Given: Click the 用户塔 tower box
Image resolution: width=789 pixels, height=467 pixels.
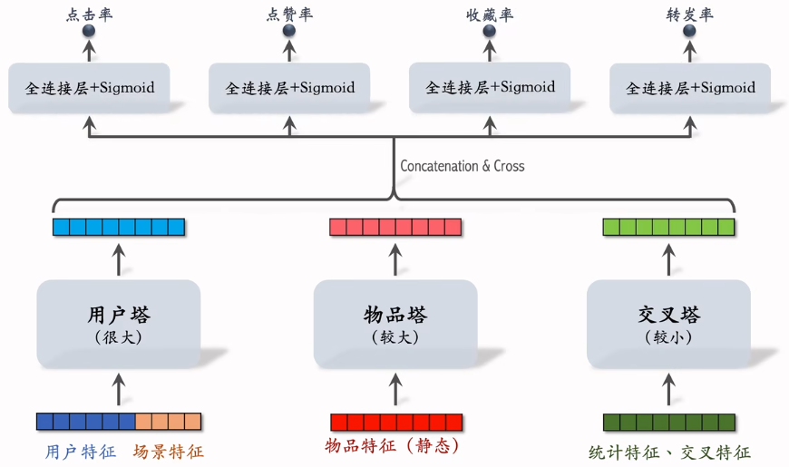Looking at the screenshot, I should (119, 324).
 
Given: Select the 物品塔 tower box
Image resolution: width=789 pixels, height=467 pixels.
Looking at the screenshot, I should (394, 324).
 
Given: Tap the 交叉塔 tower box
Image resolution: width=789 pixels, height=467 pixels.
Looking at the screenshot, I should (668, 324).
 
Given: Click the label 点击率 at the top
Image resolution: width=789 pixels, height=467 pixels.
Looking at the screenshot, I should (90, 15).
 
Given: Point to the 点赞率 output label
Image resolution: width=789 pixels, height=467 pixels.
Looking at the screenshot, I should (289, 15).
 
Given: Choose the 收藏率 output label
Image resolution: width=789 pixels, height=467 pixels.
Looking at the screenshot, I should (490, 15).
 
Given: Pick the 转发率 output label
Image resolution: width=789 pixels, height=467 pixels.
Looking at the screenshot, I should (690, 15).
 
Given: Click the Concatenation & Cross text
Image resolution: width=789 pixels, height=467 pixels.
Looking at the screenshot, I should (463, 166).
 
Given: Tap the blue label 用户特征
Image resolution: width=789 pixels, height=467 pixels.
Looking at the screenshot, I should (81, 451).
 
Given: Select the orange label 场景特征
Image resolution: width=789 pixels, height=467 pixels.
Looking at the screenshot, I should (169, 451).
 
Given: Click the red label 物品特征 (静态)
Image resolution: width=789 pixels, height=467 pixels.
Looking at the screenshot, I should (393, 446).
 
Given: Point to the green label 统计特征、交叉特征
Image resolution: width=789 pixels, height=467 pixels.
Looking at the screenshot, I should (669, 452).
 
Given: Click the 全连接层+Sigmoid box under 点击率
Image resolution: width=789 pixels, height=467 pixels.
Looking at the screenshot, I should (90, 88).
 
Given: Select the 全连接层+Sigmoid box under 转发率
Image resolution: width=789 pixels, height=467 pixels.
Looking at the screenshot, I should (690, 88).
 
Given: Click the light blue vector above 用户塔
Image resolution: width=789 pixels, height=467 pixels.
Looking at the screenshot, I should (119, 227).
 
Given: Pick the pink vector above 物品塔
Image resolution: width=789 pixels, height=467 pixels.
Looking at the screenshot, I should (394, 227).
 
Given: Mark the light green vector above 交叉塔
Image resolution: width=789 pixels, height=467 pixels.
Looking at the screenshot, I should (668, 227).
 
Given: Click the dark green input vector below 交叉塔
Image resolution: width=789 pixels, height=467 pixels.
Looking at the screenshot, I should (668, 422).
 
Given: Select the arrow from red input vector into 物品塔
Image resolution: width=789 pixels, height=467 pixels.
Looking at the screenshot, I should (394, 391).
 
